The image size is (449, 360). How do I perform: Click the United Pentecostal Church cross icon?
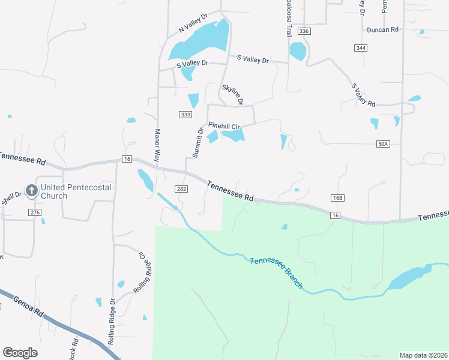(31, 191)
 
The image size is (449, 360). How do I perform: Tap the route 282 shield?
(182, 189)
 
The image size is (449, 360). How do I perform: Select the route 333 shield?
(185, 114)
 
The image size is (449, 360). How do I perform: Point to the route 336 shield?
(304, 31)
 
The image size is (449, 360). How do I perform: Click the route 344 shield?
(360, 47)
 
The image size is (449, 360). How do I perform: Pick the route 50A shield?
(384, 144)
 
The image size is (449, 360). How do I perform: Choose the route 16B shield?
(337, 198)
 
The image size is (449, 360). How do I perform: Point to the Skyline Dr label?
(232, 95)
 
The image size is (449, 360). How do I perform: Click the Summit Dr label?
(198, 142)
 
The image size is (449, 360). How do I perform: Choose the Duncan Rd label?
(382, 29)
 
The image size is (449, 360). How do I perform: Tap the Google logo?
(20, 353)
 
